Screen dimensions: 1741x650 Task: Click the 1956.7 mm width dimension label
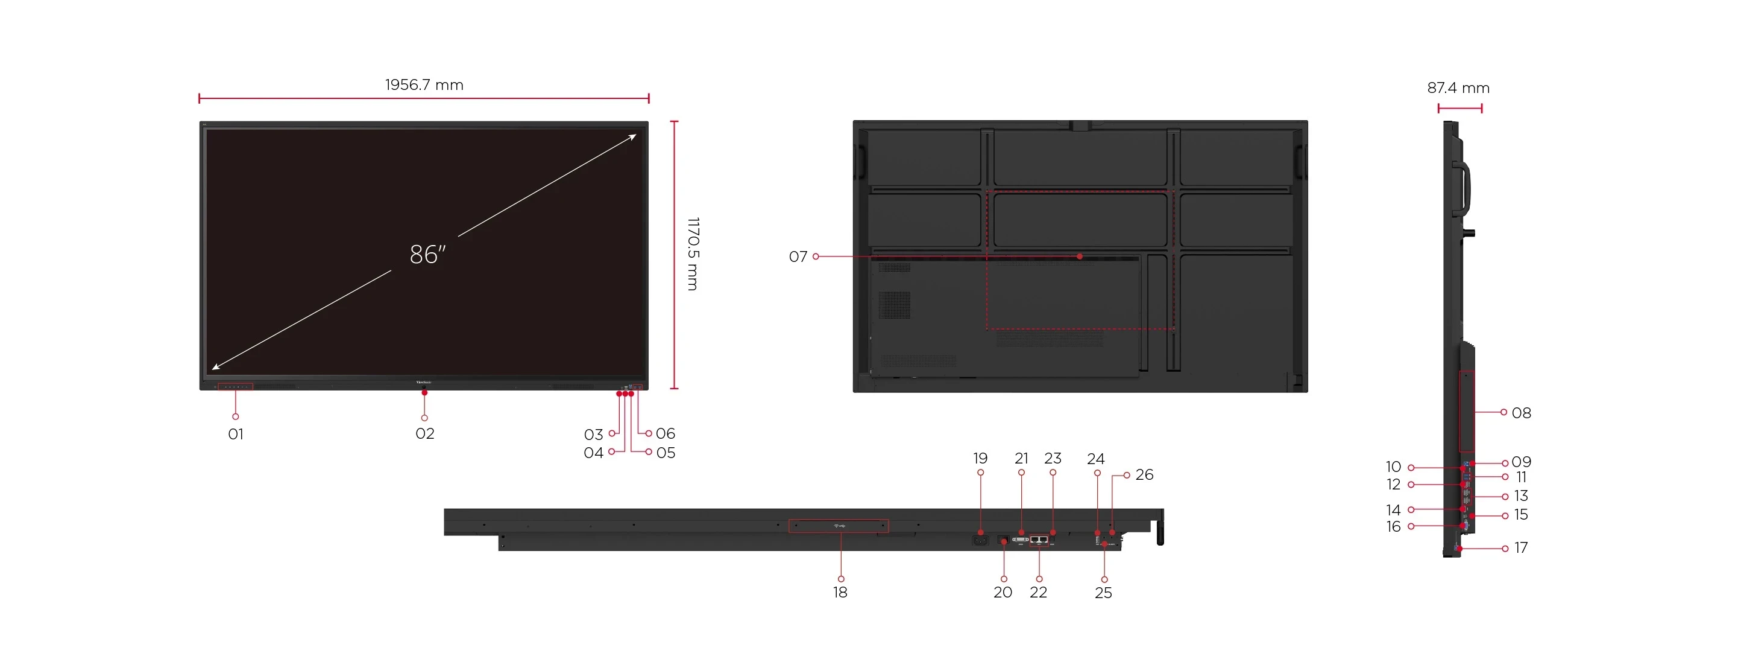424,84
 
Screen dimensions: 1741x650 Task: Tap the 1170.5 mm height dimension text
693,253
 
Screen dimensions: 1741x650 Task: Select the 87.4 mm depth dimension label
1458,88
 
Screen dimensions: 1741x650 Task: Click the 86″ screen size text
428,254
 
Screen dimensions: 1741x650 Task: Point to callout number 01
236,434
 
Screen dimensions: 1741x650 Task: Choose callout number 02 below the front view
424,433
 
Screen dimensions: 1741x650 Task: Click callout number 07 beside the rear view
798,257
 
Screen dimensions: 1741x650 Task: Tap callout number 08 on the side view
1522,413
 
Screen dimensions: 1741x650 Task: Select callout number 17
1521,548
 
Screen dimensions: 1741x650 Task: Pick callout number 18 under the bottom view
840,593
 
